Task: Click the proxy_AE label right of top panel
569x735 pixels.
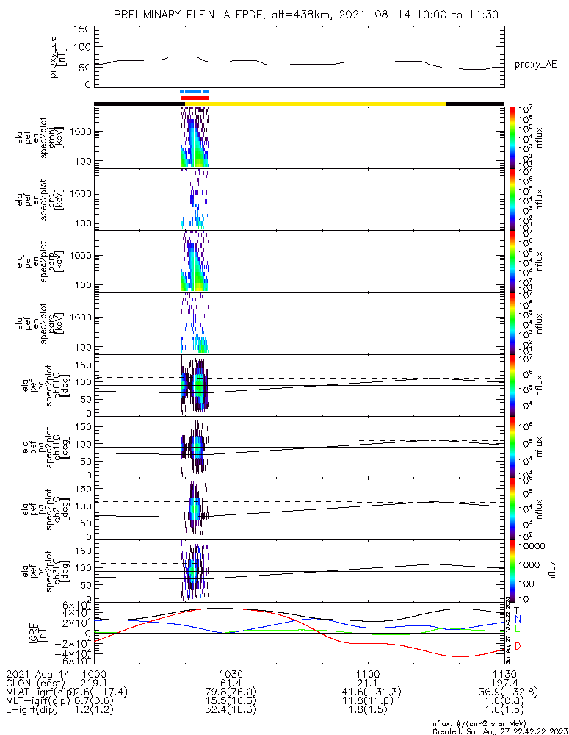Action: [536, 65]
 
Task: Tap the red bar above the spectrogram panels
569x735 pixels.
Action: [195, 98]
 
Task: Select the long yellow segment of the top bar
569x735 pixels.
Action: [327, 104]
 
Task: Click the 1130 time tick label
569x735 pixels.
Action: [504, 673]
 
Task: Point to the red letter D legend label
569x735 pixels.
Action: [518, 646]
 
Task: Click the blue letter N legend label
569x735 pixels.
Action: [518, 620]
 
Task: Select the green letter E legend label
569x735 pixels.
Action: [518, 629]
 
